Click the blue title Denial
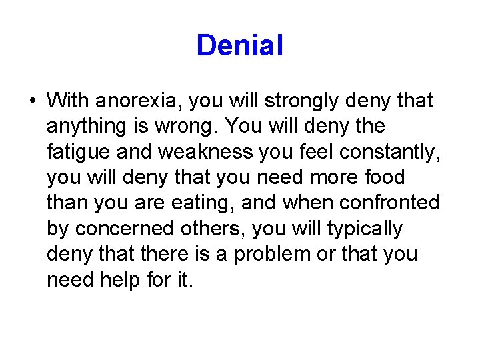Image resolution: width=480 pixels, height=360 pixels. pos(240,45)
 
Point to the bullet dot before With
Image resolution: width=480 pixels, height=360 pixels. pos(32,102)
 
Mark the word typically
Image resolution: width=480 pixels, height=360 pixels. pos(365,229)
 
